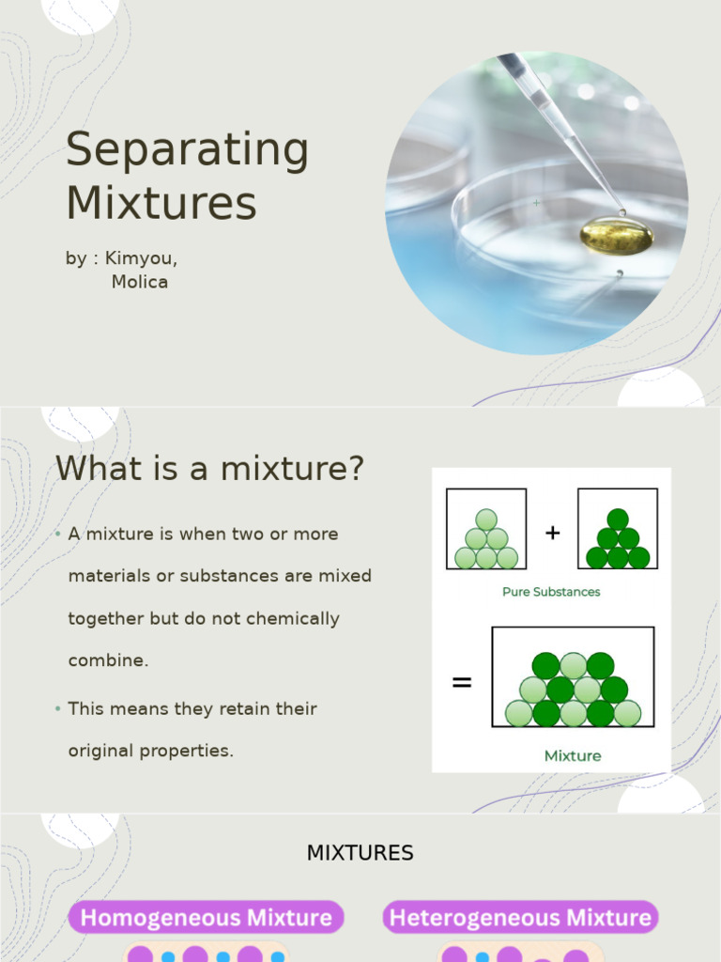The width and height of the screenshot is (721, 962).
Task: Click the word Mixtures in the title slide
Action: (161, 203)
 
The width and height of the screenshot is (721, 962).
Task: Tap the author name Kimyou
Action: (141, 258)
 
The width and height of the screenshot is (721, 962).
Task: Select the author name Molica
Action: (140, 282)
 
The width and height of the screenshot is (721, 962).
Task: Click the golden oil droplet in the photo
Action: (616, 236)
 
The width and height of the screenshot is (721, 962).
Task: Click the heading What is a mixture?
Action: (209, 468)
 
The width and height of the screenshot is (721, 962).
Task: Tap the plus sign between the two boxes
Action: (552, 533)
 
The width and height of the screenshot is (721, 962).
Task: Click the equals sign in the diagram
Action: (462, 683)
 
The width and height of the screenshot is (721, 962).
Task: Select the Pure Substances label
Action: (551, 592)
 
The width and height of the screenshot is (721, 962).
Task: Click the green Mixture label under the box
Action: (573, 755)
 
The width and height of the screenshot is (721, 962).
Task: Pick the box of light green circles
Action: (486, 529)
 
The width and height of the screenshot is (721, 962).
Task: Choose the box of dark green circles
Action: (617, 529)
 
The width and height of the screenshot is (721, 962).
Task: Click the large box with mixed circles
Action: (573, 677)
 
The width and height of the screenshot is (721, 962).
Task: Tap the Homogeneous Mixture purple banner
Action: (207, 917)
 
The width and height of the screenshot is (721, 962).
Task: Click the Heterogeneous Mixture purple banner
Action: (520, 917)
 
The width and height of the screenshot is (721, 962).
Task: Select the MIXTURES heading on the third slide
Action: (360, 853)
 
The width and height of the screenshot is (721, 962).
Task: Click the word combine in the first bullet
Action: (108, 660)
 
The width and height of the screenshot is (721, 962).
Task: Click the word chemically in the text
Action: (291, 619)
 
